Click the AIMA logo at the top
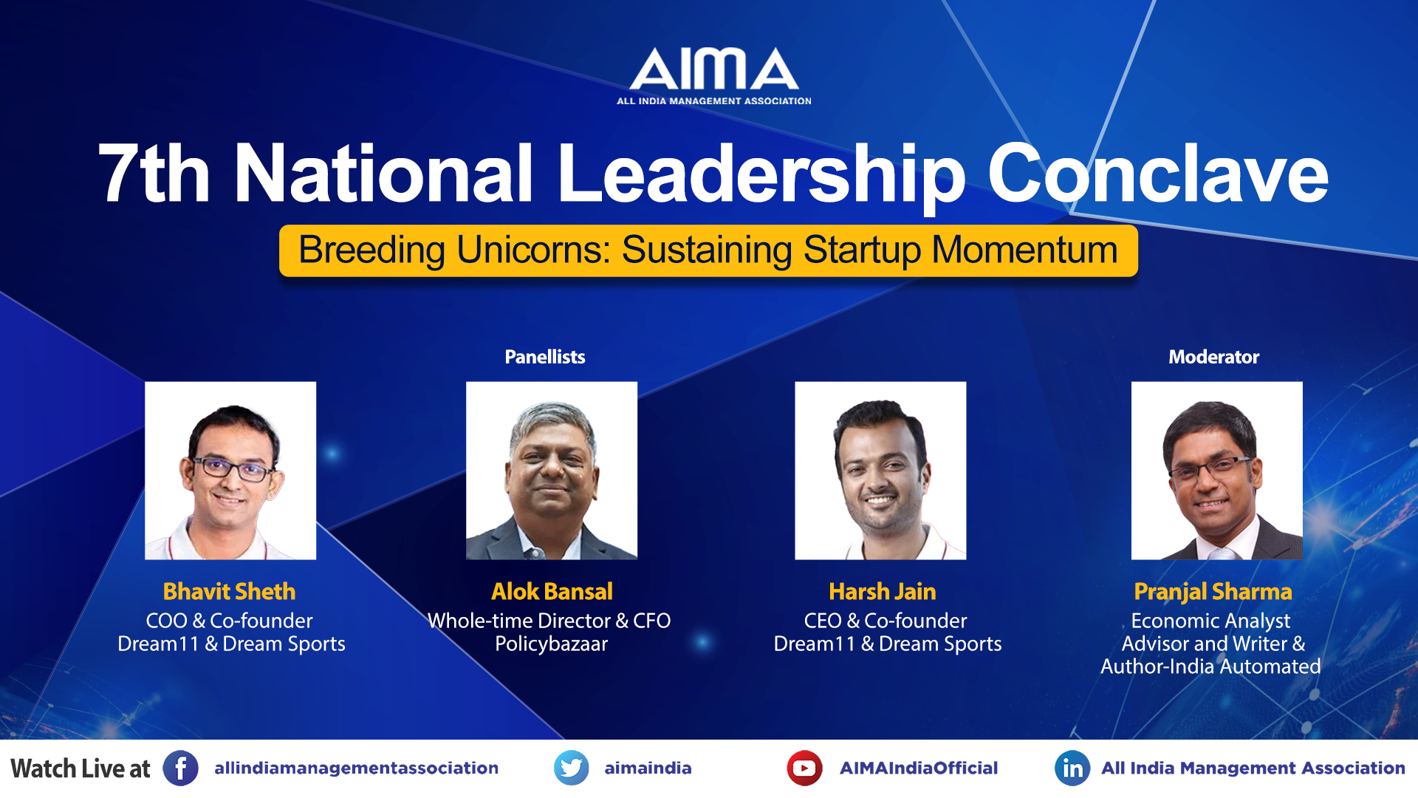[714, 76]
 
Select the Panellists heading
[545, 357]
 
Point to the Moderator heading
[1213, 357]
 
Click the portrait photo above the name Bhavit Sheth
[230, 471]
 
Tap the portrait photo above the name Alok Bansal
[552, 471]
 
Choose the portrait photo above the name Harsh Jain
[880, 471]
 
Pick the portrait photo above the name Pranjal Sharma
[1217, 471]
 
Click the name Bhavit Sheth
[229, 592]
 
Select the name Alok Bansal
[552, 592]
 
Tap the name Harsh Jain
[883, 592]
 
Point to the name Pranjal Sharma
[1213, 593]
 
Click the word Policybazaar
[552, 644]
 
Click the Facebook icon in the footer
[181, 768]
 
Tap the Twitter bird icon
[572, 768]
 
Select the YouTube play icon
[805, 768]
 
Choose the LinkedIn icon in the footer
[1072, 768]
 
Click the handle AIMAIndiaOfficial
[919, 768]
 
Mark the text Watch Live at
[81, 768]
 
